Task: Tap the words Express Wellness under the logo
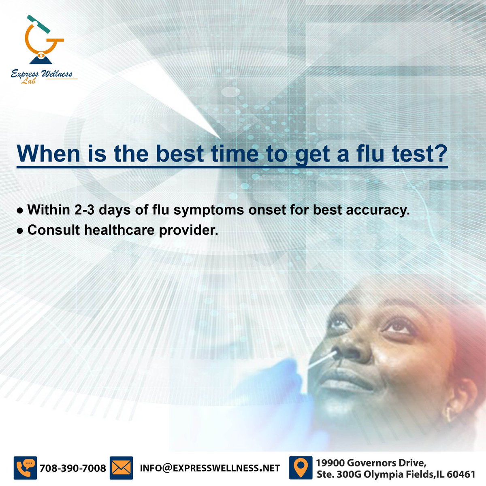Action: pos(42,74)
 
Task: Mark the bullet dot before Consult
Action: pos(19,231)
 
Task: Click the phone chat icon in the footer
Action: pos(25,468)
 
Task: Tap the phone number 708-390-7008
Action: pos(73,468)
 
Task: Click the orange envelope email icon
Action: pos(121,468)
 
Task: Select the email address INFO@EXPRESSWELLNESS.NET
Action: pos(210,468)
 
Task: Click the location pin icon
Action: pos(300,468)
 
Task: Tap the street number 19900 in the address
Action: pos(330,463)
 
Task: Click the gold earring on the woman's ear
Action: pos(448,414)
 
